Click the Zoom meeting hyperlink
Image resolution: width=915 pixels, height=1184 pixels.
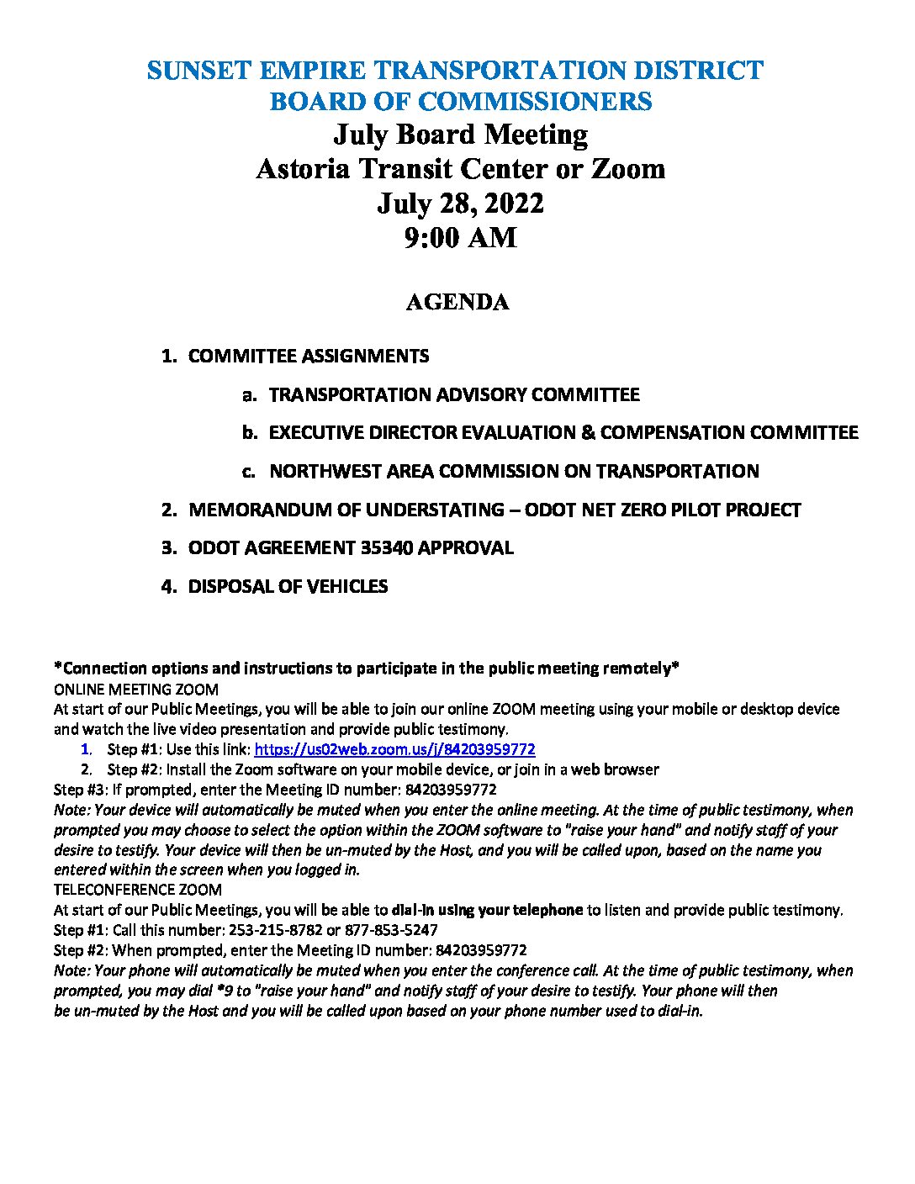pos(394,749)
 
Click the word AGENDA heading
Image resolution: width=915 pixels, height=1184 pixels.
pos(457,303)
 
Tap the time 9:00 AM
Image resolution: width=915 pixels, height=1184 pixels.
pos(460,238)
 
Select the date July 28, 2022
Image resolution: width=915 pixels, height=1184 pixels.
pos(460,203)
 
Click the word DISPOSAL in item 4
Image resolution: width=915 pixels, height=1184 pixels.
pos(225,587)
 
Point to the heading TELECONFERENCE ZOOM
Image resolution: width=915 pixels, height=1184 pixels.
pos(138,890)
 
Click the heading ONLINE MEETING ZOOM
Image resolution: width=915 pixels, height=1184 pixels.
pos(136,690)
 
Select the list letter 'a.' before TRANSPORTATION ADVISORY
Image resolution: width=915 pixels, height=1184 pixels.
pos(248,395)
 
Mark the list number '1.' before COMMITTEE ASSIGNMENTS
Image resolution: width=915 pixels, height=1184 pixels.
pos(168,357)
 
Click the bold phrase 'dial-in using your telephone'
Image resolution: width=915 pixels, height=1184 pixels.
pos(487,910)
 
